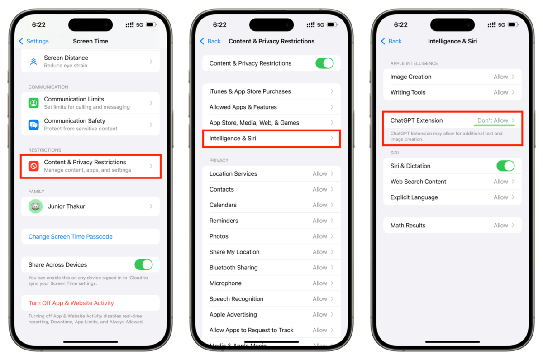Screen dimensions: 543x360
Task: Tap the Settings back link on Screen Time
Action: [x=34, y=41]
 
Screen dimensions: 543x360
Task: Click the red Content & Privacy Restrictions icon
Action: [x=33, y=166]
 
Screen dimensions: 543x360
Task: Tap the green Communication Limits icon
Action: [x=33, y=103]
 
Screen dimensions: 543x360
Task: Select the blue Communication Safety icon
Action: [x=33, y=125]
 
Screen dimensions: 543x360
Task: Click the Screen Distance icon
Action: [x=33, y=62]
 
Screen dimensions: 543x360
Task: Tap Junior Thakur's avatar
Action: [x=35, y=206]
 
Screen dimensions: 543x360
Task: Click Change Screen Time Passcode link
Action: [x=70, y=236]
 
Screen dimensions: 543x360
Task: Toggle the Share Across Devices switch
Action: [x=143, y=264]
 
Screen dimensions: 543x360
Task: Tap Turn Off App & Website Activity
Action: [x=71, y=303]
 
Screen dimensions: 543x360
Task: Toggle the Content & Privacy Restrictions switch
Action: [x=324, y=63]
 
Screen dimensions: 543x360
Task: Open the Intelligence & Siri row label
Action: [x=233, y=138]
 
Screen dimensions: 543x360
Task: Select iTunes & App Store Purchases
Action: [x=250, y=91]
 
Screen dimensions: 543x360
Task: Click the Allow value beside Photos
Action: [x=320, y=236]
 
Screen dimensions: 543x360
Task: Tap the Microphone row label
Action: [x=225, y=283]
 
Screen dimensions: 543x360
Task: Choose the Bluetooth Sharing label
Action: [x=233, y=268]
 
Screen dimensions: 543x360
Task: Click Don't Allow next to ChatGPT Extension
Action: [x=493, y=120]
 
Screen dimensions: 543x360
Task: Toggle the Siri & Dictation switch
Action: [x=505, y=166]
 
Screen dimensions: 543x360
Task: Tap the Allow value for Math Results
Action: [x=501, y=226]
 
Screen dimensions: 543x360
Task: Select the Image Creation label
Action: [x=411, y=77]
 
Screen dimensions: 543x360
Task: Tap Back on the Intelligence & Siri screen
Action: [x=391, y=41]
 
